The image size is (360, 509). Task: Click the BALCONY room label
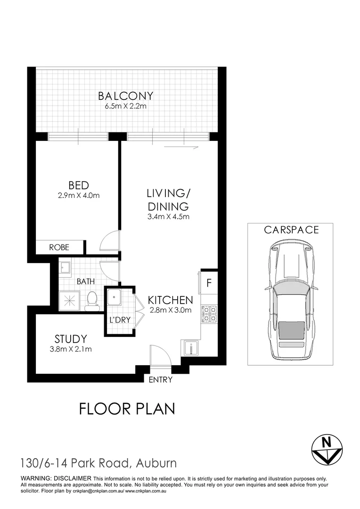pos(125,96)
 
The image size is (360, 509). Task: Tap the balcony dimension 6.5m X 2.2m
pos(125,107)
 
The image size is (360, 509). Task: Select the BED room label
pos(78,185)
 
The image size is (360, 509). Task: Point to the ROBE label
pos(59,247)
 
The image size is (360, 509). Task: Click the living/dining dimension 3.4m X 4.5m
pos(168,217)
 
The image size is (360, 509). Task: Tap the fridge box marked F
pos(209,284)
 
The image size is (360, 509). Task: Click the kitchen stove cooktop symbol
pos(209,314)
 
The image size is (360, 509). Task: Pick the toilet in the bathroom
pos(92,301)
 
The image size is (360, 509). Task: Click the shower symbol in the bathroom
pos(68,300)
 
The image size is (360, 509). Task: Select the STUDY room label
pos(71,339)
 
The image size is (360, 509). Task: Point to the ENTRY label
pos(161,380)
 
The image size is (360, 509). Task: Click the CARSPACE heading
pos(291,230)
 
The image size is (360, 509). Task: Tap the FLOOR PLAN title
pos(127,408)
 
